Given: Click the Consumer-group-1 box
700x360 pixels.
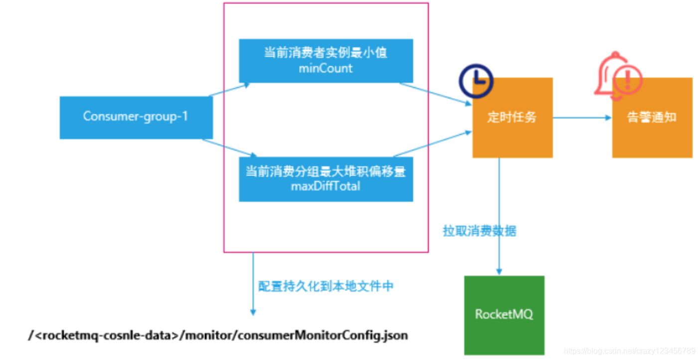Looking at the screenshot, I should click(x=136, y=118).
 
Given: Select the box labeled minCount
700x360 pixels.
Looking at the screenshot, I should click(x=326, y=61).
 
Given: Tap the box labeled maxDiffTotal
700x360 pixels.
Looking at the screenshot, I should click(x=326, y=180).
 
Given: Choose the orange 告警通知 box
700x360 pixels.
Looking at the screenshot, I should click(x=652, y=118).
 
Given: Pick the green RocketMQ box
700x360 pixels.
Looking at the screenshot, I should click(x=504, y=315).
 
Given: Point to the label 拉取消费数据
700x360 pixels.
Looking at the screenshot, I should click(x=480, y=231).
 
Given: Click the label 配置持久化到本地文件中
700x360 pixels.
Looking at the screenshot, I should click(x=326, y=286).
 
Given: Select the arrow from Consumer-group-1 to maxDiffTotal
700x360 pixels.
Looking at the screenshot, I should click(x=229, y=148).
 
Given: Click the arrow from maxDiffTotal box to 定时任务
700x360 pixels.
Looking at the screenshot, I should click(x=432, y=144).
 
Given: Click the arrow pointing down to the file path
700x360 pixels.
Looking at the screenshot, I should click(x=253, y=284).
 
